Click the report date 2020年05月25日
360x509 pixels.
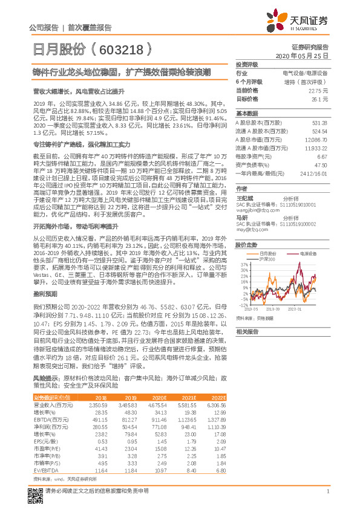(x=306, y=55)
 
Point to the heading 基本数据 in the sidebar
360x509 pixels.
(x=247, y=113)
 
